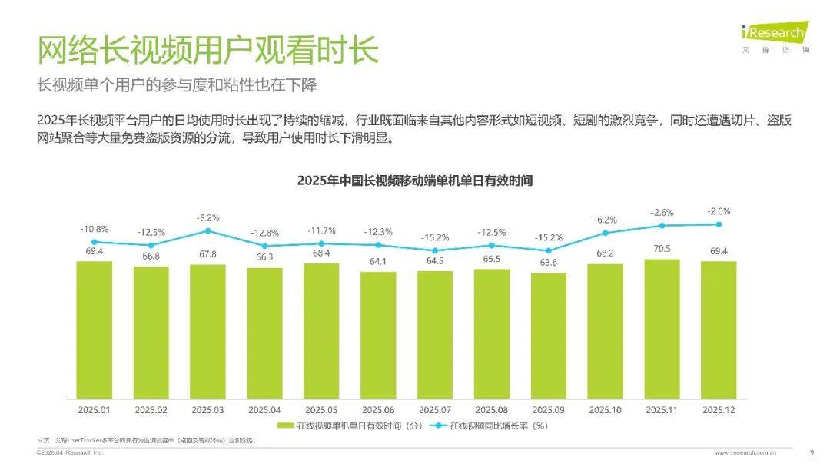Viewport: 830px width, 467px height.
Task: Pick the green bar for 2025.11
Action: click(662, 328)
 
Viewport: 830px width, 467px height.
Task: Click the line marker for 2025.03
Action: click(207, 230)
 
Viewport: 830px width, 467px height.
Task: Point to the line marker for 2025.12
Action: click(719, 224)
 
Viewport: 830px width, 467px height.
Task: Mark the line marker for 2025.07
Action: click(435, 250)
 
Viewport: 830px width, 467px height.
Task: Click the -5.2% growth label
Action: click(207, 217)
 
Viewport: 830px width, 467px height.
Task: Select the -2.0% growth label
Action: click(719, 210)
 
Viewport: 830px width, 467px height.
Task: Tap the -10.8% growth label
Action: click(94, 229)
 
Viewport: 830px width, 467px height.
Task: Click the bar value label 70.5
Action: click(662, 248)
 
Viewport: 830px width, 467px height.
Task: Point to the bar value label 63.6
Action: click(548, 262)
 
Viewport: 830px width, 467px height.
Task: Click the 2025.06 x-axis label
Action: click(378, 409)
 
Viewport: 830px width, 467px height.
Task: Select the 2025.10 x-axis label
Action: click(605, 409)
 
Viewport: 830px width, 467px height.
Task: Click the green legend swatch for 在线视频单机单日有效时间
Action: click(285, 426)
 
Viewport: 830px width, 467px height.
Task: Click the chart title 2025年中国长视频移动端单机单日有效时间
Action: click(415, 181)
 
